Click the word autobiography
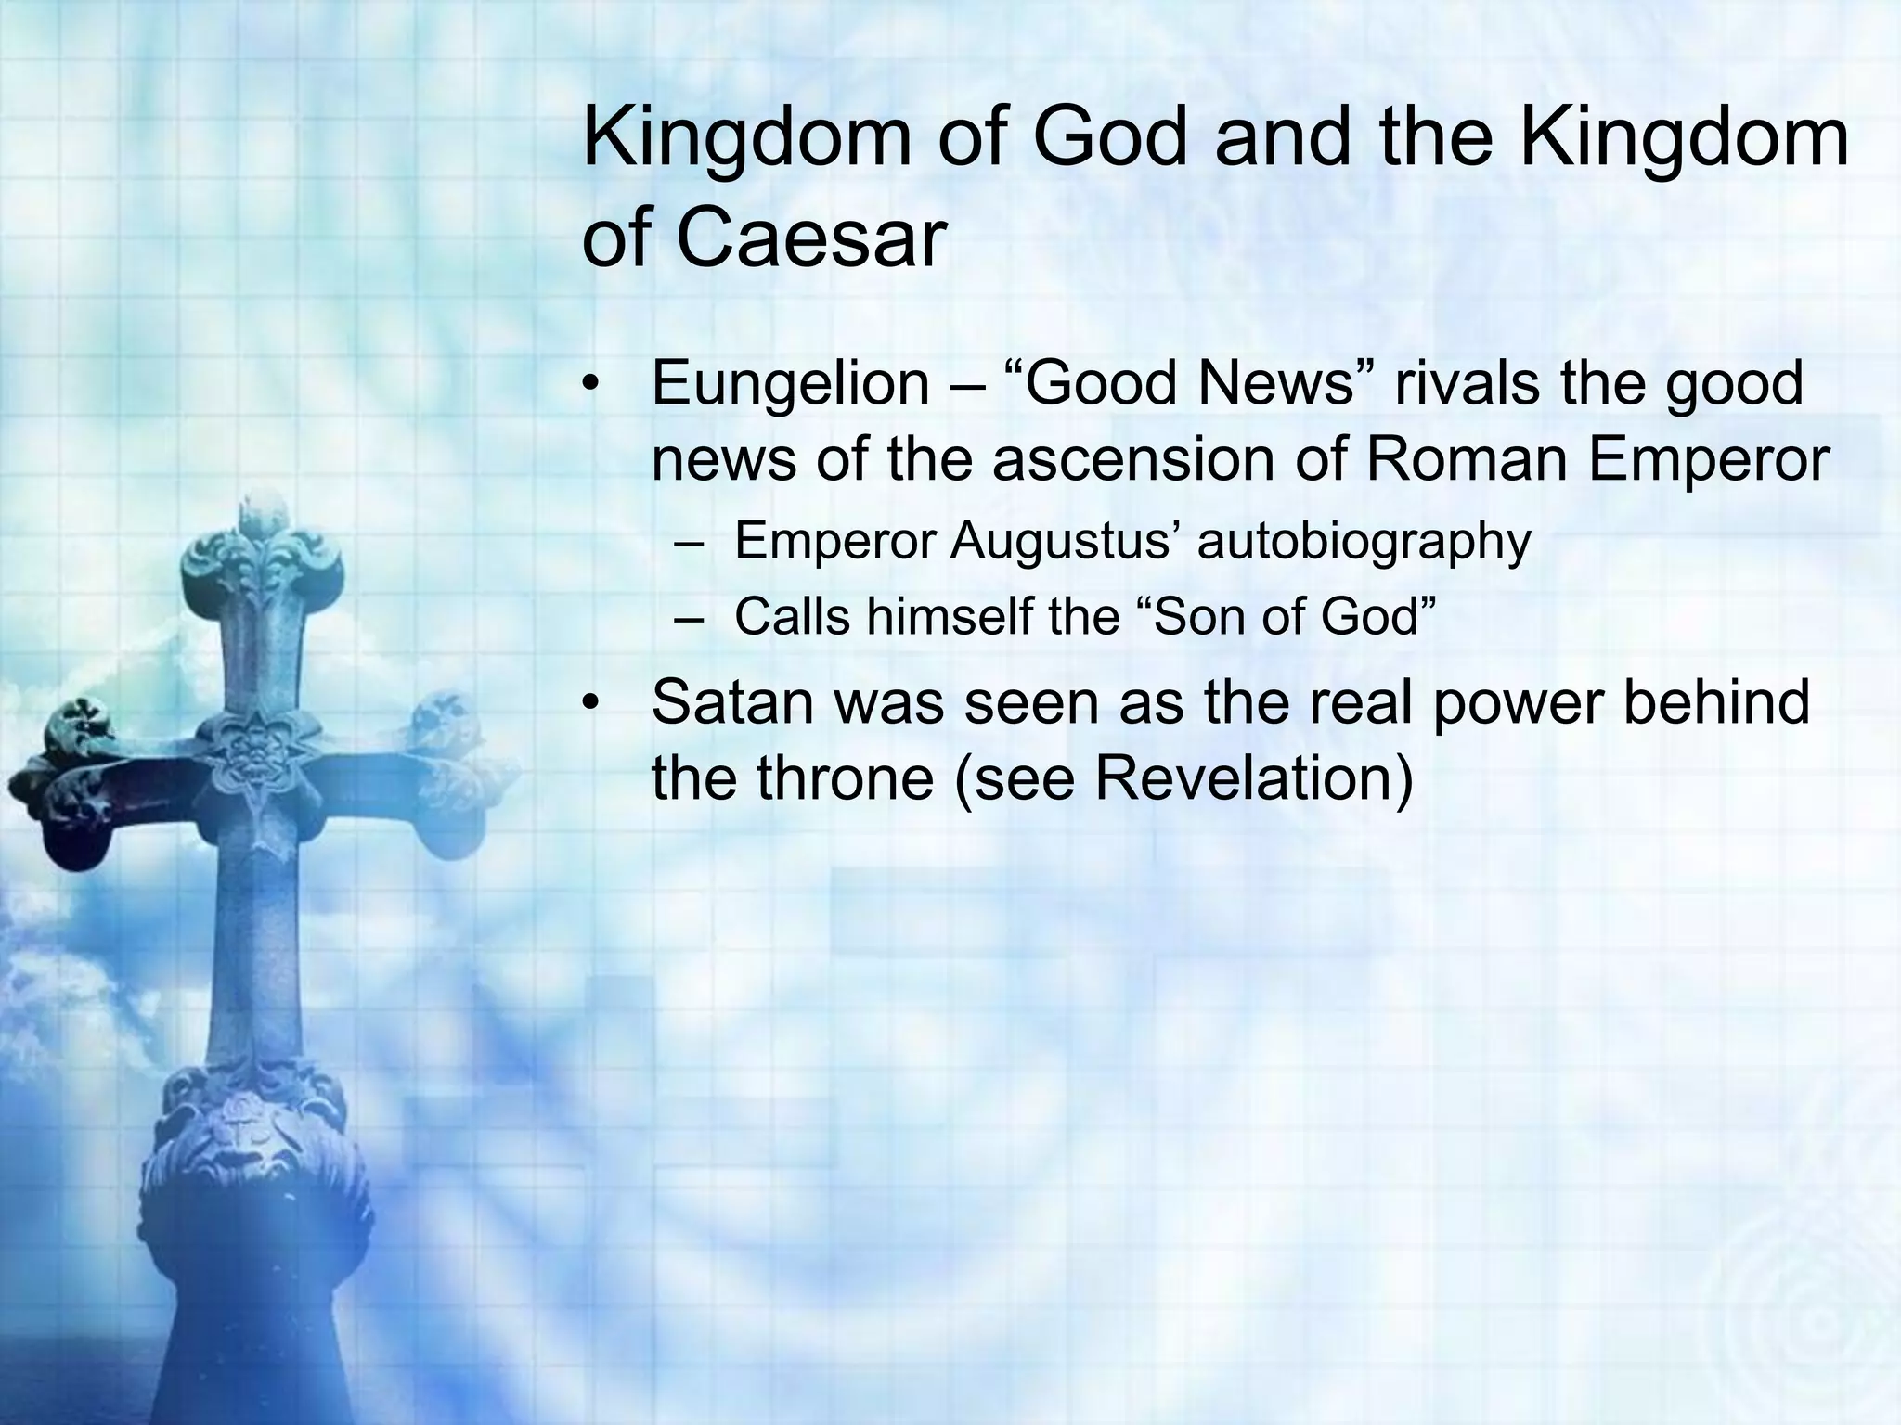[x=1364, y=543]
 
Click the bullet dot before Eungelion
[x=592, y=385]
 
